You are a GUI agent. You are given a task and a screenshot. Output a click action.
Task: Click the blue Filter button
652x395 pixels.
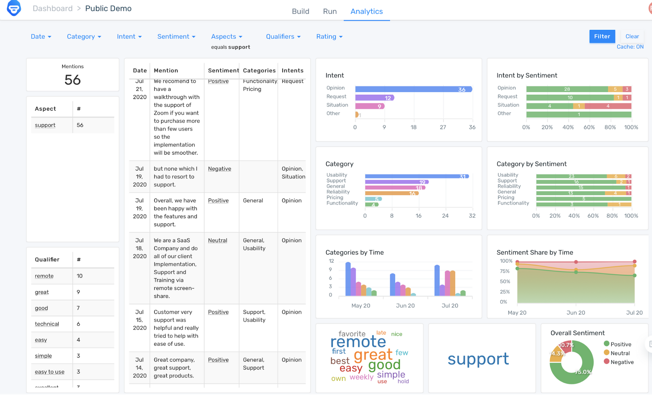click(602, 36)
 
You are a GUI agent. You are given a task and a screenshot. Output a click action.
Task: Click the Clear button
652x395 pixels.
click(632, 36)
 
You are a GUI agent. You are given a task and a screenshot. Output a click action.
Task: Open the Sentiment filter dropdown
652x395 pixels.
click(176, 36)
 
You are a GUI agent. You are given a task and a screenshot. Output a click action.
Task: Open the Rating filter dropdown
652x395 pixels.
click(329, 36)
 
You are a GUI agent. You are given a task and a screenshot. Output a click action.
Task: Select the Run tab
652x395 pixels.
click(330, 11)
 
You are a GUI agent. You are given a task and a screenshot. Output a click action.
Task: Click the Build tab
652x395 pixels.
click(301, 11)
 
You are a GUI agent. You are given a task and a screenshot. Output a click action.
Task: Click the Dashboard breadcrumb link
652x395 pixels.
click(53, 8)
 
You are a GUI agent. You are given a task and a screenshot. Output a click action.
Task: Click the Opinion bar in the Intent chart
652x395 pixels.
click(413, 89)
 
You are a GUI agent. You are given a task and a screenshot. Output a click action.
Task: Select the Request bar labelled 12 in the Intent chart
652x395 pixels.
click(374, 98)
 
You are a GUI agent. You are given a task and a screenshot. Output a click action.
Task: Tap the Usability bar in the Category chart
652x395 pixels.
click(416, 176)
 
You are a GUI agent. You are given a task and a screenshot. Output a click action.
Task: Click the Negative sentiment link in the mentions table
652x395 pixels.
click(219, 169)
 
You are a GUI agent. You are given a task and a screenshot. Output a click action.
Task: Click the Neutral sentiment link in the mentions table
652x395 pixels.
click(217, 240)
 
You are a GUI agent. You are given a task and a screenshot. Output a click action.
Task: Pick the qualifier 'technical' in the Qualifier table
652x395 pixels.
click(47, 324)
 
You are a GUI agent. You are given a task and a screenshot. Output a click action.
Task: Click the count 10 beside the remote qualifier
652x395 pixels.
click(79, 276)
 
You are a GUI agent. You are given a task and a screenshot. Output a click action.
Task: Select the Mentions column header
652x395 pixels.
click(166, 70)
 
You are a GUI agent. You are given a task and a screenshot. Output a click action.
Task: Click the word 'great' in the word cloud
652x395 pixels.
click(373, 355)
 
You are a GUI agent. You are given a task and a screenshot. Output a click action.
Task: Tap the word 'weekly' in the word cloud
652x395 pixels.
click(361, 377)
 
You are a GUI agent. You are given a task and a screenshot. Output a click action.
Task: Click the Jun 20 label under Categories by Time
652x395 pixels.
click(405, 305)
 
